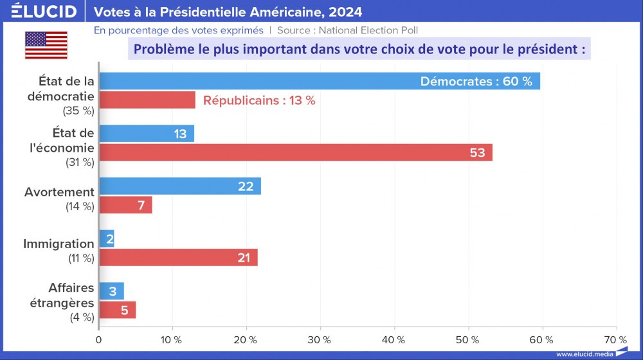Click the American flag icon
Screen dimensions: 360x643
(x=46, y=45)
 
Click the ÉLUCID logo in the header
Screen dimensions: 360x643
(x=44, y=12)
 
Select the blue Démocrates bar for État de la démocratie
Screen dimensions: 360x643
(x=257, y=82)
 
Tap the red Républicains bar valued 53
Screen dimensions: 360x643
(x=295, y=152)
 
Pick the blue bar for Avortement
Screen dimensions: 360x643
(x=179, y=186)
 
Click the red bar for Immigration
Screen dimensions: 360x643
(x=178, y=257)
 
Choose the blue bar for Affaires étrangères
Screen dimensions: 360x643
(x=111, y=291)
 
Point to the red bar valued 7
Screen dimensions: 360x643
(x=125, y=205)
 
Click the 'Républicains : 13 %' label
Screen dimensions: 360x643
(x=259, y=100)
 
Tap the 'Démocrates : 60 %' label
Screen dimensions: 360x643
(x=476, y=82)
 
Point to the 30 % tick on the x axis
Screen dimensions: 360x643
(x=320, y=339)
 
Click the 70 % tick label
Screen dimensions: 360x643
(x=616, y=339)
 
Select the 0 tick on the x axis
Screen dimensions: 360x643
(x=99, y=339)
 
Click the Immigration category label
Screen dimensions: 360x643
(x=59, y=244)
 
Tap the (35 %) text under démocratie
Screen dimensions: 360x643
(x=78, y=111)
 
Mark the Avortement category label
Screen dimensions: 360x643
(x=59, y=192)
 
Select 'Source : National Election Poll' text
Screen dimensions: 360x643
(x=352, y=30)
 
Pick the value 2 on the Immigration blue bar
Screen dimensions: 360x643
(x=109, y=239)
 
